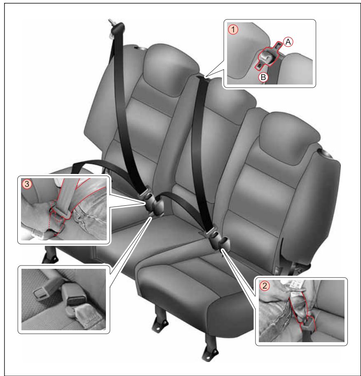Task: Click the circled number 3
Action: [x=28, y=184]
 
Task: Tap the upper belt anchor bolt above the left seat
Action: [x=112, y=23]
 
